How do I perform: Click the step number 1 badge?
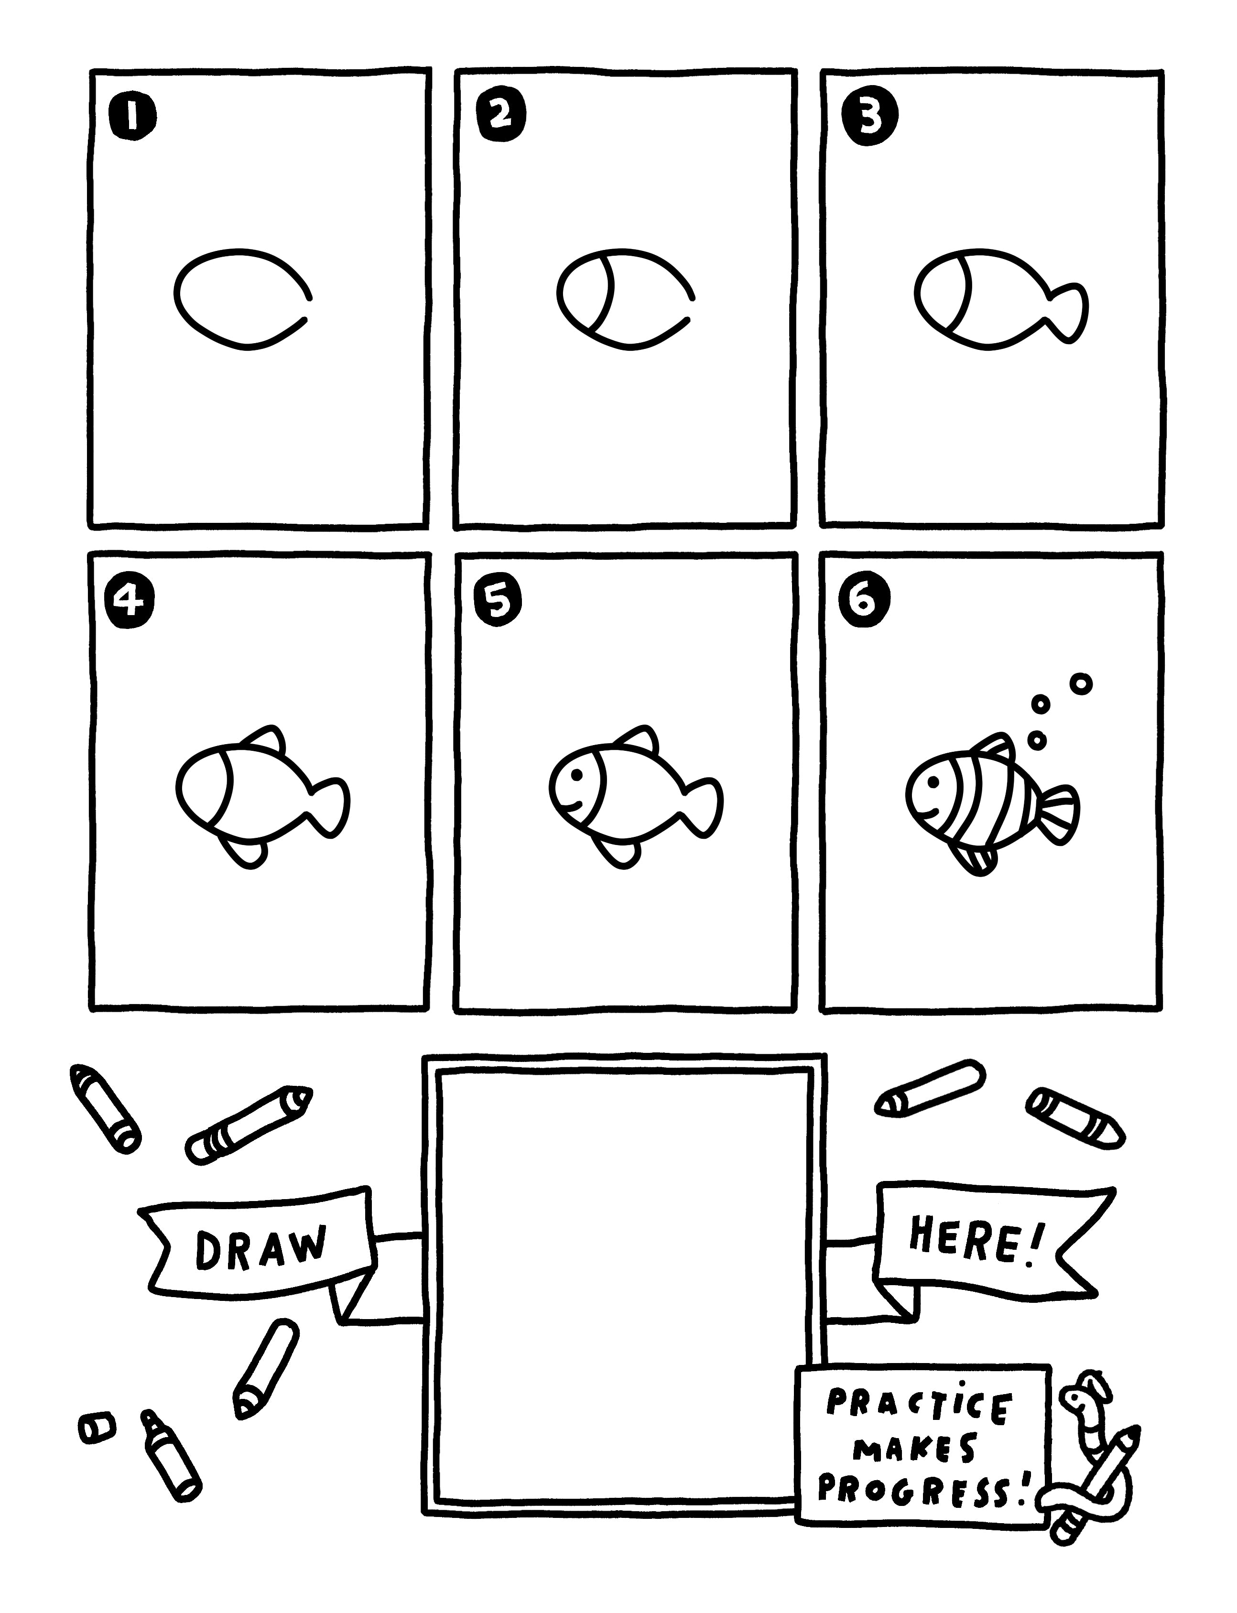coord(132,116)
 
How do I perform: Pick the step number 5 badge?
coord(499,602)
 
